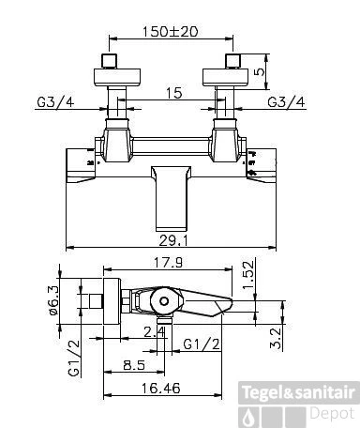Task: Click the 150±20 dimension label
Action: click(x=170, y=32)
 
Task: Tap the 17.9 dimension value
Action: click(x=168, y=263)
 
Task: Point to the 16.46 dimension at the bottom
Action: click(x=161, y=389)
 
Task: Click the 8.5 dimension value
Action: click(x=134, y=365)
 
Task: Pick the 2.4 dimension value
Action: click(x=154, y=332)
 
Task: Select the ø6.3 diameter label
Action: click(x=53, y=300)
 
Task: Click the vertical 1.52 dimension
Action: click(x=249, y=275)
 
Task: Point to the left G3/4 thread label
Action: click(x=55, y=102)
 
